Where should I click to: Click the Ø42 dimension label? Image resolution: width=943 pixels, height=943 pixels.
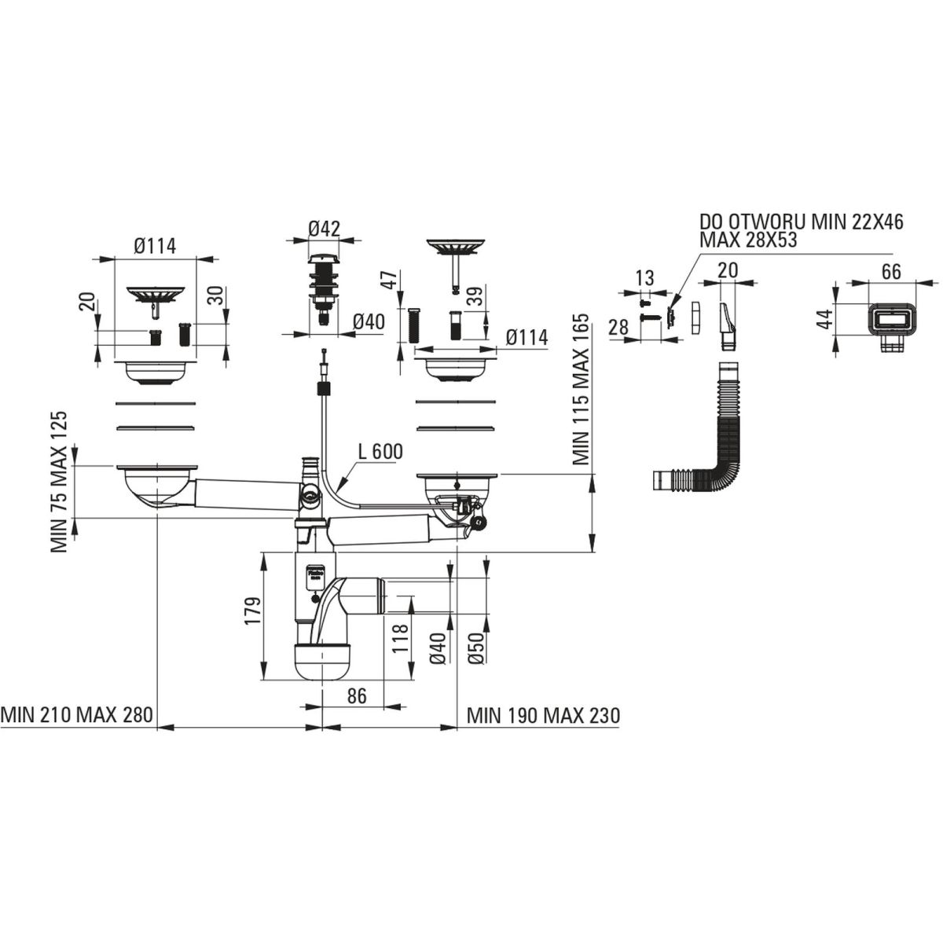[325, 229]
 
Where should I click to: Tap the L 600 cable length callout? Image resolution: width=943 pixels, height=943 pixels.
[380, 452]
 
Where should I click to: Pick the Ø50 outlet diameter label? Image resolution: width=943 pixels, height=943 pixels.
[475, 648]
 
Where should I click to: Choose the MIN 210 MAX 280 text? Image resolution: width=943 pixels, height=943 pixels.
[77, 715]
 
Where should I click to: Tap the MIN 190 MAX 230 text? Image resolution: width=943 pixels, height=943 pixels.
[543, 716]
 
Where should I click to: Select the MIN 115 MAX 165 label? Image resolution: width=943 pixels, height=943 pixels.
[581, 390]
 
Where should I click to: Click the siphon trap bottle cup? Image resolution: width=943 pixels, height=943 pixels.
[322, 662]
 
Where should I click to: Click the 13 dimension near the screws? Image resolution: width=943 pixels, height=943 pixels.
[645, 278]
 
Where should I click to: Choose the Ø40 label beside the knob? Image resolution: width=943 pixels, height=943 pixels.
[369, 322]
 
